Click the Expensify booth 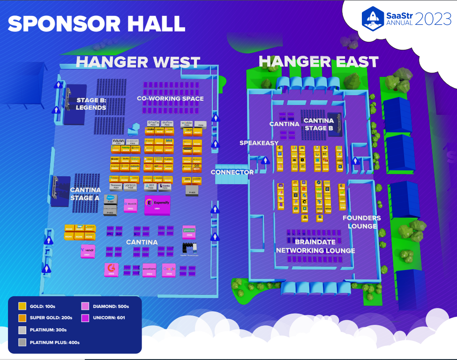point(157,204)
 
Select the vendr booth point(88,251)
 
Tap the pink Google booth point(168,269)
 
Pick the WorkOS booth point(130,205)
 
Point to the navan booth point(118,142)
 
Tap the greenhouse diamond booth point(189,231)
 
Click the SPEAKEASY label point(259,143)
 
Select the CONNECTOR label point(232,172)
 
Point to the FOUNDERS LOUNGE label point(361,222)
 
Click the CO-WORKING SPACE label point(170,99)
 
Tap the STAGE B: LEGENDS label point(91,104)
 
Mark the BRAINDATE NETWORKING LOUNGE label point(315,247)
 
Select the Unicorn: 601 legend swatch point(85,317)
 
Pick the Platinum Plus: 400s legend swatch point(22,342)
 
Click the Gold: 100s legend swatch point(22,306)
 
